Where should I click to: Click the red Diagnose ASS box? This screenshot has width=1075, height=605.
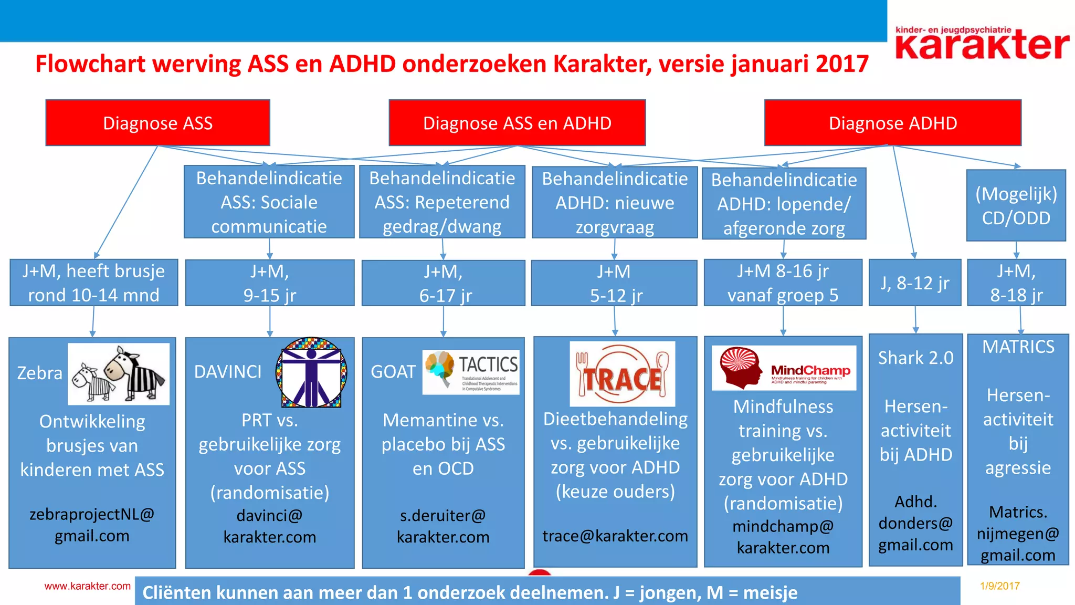coord(157,123)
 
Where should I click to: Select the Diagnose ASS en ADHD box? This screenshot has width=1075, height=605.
coord(517,123)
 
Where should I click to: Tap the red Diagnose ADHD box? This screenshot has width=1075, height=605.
coord(892,123)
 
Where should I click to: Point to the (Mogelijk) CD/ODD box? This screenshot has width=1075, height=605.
coord(1016,205)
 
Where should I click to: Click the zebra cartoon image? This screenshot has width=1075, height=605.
coord(119,374)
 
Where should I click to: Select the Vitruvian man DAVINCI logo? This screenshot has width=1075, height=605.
coord(311,372)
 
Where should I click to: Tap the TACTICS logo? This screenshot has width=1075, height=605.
coord(471,372)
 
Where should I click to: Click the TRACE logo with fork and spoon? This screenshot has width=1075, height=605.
coord(622,374)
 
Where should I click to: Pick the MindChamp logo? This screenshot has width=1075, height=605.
coord(784,368)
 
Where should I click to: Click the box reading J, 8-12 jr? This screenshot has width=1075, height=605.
coord(915,283)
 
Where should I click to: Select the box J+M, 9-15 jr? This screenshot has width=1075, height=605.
coord(269,283)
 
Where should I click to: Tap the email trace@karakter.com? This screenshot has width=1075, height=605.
coord(615,536)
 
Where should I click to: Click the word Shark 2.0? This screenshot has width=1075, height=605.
coord(915,358)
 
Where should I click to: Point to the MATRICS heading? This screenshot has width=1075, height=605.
coord(1018,347)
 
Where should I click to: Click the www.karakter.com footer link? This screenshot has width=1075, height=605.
coord(87,586)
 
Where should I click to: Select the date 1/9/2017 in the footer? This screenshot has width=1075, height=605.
coord(999,586)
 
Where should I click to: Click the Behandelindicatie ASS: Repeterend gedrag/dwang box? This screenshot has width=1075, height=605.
coord(442,202)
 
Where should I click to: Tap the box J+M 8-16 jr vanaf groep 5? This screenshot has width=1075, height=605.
coord(783,283)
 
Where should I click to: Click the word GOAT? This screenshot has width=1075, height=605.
coord(393,372)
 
